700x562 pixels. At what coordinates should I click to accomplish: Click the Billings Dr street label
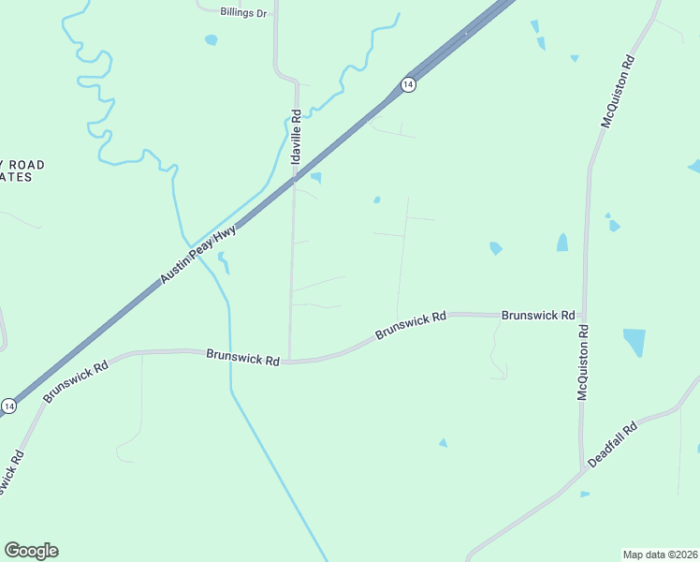[243, 12]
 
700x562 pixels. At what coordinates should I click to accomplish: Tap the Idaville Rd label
[297, 134]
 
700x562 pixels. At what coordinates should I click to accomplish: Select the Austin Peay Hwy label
[197, 254]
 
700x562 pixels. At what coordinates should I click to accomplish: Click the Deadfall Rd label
[613, 445]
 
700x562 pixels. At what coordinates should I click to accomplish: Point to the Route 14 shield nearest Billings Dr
[407, 84]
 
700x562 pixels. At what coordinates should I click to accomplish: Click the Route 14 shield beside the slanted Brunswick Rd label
[8, 406]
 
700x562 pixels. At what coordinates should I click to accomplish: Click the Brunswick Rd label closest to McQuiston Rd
[538, 316]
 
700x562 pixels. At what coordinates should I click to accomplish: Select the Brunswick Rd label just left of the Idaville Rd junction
[243, 358]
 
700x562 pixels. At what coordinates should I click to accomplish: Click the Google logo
[31, 551]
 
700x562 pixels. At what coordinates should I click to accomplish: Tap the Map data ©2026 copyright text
[660, 555]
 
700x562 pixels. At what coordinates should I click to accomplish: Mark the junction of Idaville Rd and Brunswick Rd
[289, 361]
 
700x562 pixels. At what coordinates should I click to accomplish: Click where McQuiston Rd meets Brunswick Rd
[583, 316]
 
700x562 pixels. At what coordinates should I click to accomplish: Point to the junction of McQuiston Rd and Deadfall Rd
[580, 469]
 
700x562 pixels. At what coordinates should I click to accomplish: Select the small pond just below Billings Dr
[211, 40]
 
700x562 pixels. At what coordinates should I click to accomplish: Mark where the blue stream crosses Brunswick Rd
[230, 354]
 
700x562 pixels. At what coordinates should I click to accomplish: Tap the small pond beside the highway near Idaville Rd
[316, 177]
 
